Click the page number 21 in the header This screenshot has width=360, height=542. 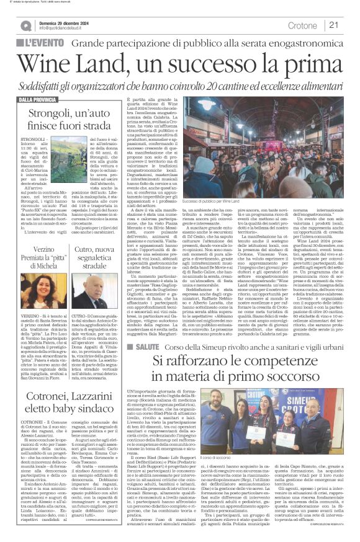(333, 25)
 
